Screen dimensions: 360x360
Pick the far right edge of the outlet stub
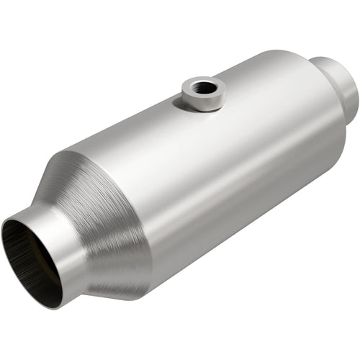pyautogui.click(x=356, y=90)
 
